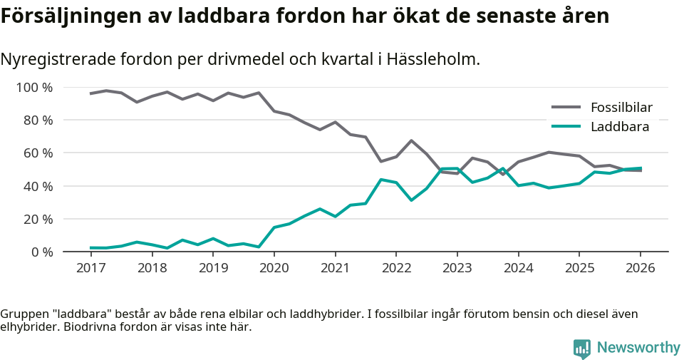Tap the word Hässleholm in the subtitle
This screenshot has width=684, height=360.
click(x=432, y=59)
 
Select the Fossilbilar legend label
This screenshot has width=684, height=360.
click(x=621, y=108)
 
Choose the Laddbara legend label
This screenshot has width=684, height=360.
click(x=619, y=127)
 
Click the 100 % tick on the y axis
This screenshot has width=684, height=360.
click(x=34, y=88)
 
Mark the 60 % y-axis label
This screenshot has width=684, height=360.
click(x=37, y=153)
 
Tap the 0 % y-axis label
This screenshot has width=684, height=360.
click(x=41, y=252)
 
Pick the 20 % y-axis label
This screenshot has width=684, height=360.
click(x=37, y=219)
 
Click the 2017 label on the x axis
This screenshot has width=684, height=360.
click(x=90, y=268)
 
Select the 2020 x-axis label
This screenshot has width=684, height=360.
click(x=274, y=268)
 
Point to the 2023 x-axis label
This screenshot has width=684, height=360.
click(x=457, y=268)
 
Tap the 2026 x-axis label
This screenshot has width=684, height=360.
click(x=640, y=268)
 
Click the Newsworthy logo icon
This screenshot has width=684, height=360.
click(x=582, y=348)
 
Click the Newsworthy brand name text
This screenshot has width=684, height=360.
click(x=638, y=348)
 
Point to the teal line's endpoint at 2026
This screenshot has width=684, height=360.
click(x=640, y=168)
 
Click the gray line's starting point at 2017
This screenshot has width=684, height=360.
click(x=90, y=93)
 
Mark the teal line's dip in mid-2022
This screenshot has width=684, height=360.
click(x=411, y=200)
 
